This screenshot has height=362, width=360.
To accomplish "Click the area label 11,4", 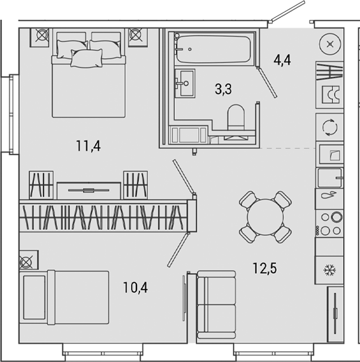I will point(88,146).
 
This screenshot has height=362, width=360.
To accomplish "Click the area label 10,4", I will point(135,287).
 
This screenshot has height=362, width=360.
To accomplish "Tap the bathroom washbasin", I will point(183,83).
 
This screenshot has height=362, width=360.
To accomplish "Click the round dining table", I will point(265,216).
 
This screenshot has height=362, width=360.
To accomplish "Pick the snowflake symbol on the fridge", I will point(329,270).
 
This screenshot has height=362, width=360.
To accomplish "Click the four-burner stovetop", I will point(329,223).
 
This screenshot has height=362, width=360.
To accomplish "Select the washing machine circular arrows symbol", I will point(329,128).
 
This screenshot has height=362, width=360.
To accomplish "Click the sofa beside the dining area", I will point(216,305).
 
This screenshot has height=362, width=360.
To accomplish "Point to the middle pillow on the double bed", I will point(87,57).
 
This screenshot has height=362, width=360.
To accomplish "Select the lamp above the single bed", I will point(27,262).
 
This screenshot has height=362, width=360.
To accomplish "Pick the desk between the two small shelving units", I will point(88,190).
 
